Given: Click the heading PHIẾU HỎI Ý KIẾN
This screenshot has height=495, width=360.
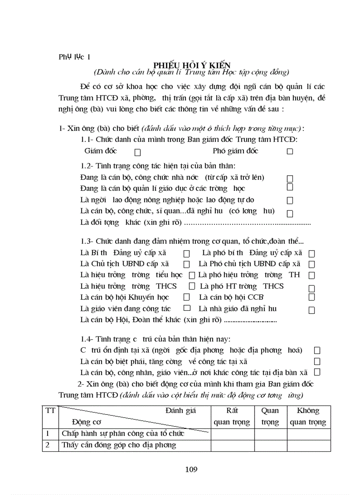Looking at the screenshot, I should point(192,64).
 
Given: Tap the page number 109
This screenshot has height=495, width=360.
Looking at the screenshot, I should point(191,469).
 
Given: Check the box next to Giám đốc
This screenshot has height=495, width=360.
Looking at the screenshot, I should point(138,152).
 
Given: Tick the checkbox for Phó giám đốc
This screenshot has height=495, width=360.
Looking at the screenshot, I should point(290,151).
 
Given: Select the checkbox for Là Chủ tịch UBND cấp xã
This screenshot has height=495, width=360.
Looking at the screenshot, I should point(187,264).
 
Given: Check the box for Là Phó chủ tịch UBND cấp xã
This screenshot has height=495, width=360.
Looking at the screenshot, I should point(311,264).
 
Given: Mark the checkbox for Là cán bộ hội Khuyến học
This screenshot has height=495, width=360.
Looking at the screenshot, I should point(187,298).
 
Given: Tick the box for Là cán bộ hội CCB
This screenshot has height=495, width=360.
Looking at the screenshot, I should point(311,298).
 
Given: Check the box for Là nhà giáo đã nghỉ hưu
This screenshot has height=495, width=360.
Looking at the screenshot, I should point(311,310).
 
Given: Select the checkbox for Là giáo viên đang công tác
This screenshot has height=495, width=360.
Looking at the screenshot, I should point(187,309).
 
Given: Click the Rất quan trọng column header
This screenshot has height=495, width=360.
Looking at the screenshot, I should point(232,417).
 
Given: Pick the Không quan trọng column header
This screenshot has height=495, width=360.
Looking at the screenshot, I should point(308,417).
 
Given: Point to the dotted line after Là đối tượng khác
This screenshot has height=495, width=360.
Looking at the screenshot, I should point(247,223).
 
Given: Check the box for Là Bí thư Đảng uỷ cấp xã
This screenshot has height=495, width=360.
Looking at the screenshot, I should point(187,254).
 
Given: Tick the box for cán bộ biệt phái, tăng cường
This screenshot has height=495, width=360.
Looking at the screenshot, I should point(317,361).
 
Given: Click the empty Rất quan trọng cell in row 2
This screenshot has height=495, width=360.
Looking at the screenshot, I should point(232,445).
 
